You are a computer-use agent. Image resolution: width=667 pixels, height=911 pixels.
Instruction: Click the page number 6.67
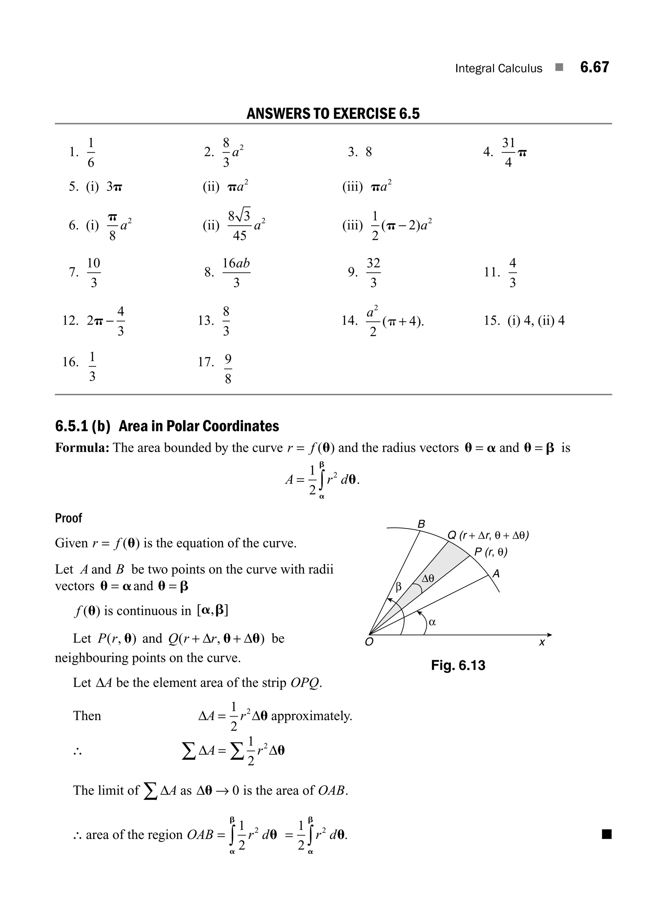(x=594, y=67)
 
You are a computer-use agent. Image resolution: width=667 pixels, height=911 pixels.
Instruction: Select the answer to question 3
(x=369, y=152)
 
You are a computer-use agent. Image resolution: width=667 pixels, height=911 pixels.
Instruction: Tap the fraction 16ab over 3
(x=236, y=273)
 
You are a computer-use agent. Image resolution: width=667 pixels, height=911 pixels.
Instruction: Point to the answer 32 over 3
(x=373, y=273)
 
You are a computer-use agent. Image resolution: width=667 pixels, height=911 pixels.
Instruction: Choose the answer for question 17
(x=228, y=369)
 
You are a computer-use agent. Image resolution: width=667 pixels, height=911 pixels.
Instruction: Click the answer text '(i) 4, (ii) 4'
(x=536, y=320)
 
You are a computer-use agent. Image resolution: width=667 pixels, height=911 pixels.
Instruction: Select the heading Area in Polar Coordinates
(x=199, y=426)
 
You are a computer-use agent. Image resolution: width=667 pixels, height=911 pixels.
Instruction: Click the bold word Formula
(x=82, y=448)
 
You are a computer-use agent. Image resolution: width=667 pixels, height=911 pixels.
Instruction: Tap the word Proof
(x=68, y=518)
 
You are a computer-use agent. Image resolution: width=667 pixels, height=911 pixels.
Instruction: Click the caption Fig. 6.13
(x=458, y=665)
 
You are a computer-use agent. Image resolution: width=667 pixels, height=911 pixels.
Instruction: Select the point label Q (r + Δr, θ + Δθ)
(x=488, y=535)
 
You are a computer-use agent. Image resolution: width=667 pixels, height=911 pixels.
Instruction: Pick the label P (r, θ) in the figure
(x=490, y=552)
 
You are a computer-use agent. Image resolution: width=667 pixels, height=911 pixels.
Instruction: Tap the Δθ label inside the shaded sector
(x=428, y=579)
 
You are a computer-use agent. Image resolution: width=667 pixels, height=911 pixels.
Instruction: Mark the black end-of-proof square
(x=606, y=834)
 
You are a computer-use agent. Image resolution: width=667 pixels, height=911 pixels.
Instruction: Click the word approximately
(x=311, y=716)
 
